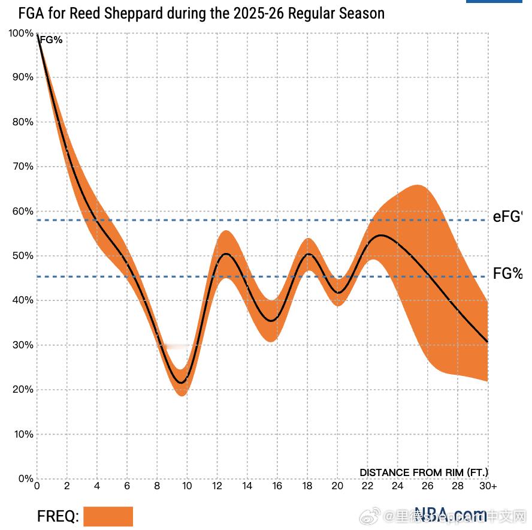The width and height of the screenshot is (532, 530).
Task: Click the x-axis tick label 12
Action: [217, 486]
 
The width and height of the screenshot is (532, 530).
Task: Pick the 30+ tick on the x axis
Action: [488, 486]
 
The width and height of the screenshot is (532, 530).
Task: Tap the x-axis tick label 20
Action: [337, 486]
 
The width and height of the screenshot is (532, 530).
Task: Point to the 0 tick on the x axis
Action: [37, 486]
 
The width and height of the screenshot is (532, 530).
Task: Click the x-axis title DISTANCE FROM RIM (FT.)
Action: [424, 472]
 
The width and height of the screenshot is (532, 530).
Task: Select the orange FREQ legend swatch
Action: [108, 516]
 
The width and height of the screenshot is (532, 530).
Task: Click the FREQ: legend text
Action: [58, 516]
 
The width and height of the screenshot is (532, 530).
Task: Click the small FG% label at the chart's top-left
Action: [50, 40]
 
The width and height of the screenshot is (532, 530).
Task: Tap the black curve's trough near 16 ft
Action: [273, 321]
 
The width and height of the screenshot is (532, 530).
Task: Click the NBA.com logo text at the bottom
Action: [450, 514]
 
